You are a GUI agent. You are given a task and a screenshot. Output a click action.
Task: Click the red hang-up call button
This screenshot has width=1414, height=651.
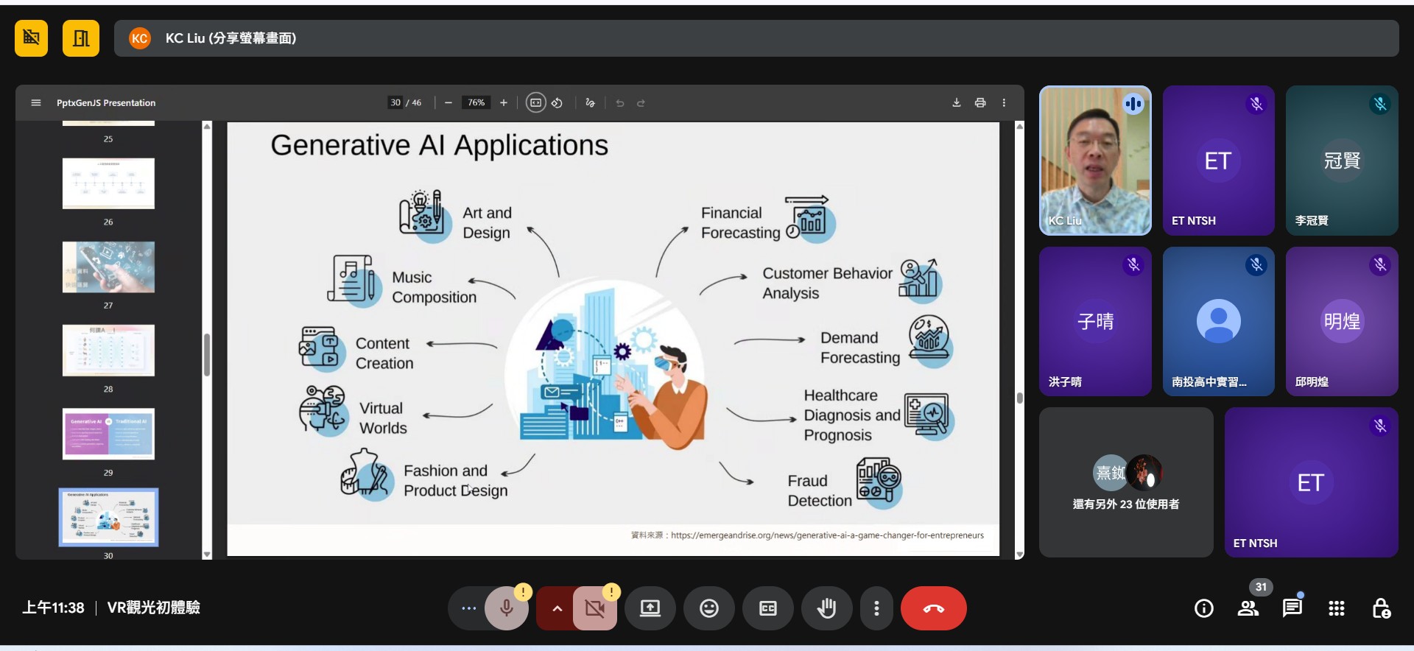(933, 608)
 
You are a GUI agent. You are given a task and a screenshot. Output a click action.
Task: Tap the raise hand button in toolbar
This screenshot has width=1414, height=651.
(826, 608)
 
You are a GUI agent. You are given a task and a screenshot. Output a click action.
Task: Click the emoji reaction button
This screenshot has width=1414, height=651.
(708, 608)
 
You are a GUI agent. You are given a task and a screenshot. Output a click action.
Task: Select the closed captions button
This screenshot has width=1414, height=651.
(767, 608)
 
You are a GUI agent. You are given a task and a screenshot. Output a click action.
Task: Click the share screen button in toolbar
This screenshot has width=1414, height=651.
(650, 608)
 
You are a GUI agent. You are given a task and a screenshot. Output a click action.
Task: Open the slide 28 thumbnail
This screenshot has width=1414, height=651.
(108, 351)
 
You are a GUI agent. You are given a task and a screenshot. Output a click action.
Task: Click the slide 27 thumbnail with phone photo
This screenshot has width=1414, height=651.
(108, 267)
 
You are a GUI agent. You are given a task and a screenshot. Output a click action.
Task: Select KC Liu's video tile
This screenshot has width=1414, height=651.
(1095, 161)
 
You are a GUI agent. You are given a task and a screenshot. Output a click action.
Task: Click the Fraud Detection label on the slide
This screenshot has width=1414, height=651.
(819, 490)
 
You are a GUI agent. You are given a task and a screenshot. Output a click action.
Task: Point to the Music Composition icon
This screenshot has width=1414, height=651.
(352, 280)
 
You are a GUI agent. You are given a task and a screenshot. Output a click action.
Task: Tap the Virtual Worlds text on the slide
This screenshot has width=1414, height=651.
(382, 418)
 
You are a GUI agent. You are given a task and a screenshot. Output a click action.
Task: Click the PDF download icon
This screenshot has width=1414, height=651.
(956, 103)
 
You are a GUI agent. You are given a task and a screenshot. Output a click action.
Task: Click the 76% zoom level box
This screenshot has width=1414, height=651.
(476, 103)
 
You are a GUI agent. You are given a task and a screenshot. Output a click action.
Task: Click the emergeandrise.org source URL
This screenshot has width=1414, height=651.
(826, 535)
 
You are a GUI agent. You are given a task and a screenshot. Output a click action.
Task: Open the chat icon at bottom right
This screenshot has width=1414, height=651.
(1292, 608)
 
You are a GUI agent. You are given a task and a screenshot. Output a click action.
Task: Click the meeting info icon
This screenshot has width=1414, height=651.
(1203, 608)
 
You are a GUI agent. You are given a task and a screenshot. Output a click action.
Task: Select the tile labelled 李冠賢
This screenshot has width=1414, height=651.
(1341, 161)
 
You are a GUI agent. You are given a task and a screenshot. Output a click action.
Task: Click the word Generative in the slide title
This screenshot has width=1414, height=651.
(340, 145)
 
